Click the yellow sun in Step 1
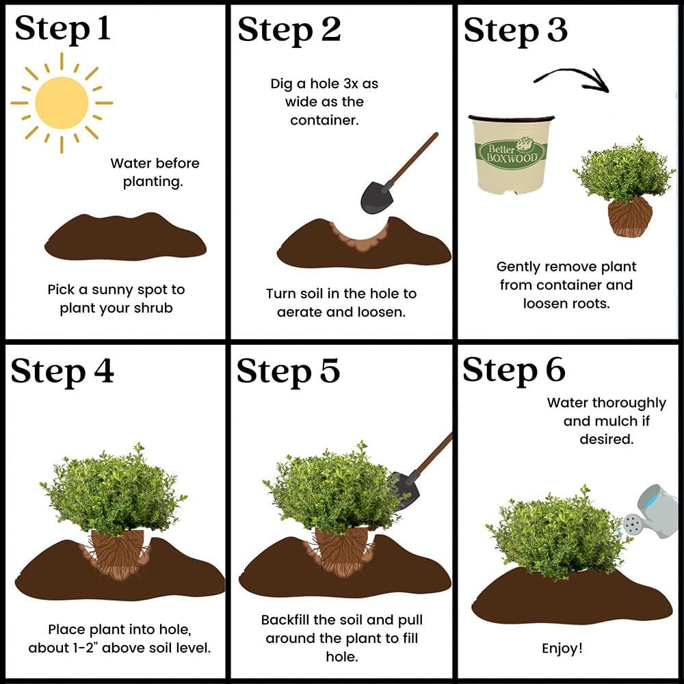point(62,103)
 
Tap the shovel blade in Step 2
point(376,197)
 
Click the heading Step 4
point(62,371)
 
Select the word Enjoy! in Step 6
point(562,648)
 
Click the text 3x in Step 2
point(351,83)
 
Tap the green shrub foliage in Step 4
point(114,490)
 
